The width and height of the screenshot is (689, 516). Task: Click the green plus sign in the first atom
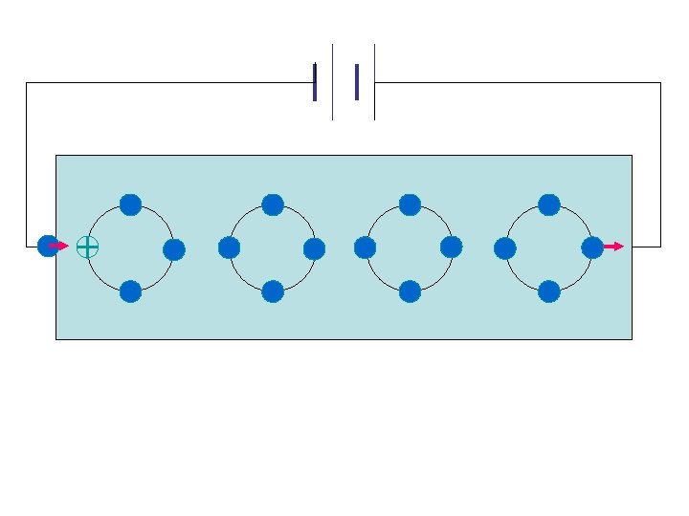[x=87, y=247]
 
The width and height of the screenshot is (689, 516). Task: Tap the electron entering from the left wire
[x=47, y=246]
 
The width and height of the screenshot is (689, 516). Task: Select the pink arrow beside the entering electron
[x=59, y=246]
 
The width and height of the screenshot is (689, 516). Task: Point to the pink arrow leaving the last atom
[x=613, y=247]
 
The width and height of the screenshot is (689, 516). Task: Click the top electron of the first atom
[x=131, y=204]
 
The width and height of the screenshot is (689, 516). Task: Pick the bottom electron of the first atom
[x=131, y=291]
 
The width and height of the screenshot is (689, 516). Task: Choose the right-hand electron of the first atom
[x=174, y=250]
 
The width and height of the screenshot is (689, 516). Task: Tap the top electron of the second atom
[x=273, y=204]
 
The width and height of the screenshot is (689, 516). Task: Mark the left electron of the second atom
[x=229, y=247]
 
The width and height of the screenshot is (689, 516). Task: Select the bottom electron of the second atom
[x=273, y=290]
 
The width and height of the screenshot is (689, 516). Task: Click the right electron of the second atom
[x=315, y=249]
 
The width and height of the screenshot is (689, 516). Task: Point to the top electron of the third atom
[x=410, y=204]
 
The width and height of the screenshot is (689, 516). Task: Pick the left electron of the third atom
[x=365, y=247]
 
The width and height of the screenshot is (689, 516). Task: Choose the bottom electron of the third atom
[x=410, y=290]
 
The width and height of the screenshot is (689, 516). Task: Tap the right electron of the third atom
[x=452, y=247]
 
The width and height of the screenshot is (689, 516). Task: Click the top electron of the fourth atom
[x=549, y=204]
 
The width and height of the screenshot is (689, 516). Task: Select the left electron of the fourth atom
[x=505, y=248]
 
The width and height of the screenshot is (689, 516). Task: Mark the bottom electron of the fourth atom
[x=549, y=290]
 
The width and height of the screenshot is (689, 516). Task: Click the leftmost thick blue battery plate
[x=315, y=82]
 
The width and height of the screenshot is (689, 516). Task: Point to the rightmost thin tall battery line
[x=374, y=82]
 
